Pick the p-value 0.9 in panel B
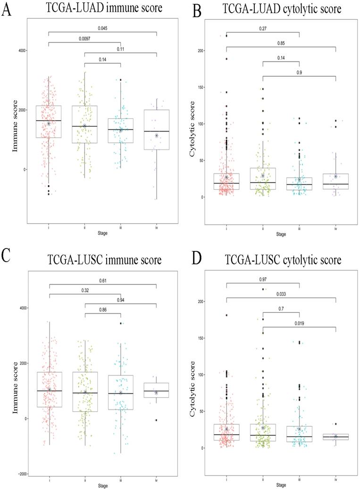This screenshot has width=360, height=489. tap(299, 72)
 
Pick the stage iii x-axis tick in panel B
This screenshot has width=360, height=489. tap(299, 226)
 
